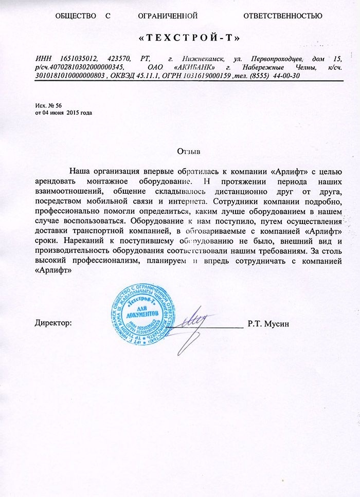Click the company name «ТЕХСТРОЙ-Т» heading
190,39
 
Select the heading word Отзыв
188,152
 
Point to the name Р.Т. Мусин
268,324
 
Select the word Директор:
53,324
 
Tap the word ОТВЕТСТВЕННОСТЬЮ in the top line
283,16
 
